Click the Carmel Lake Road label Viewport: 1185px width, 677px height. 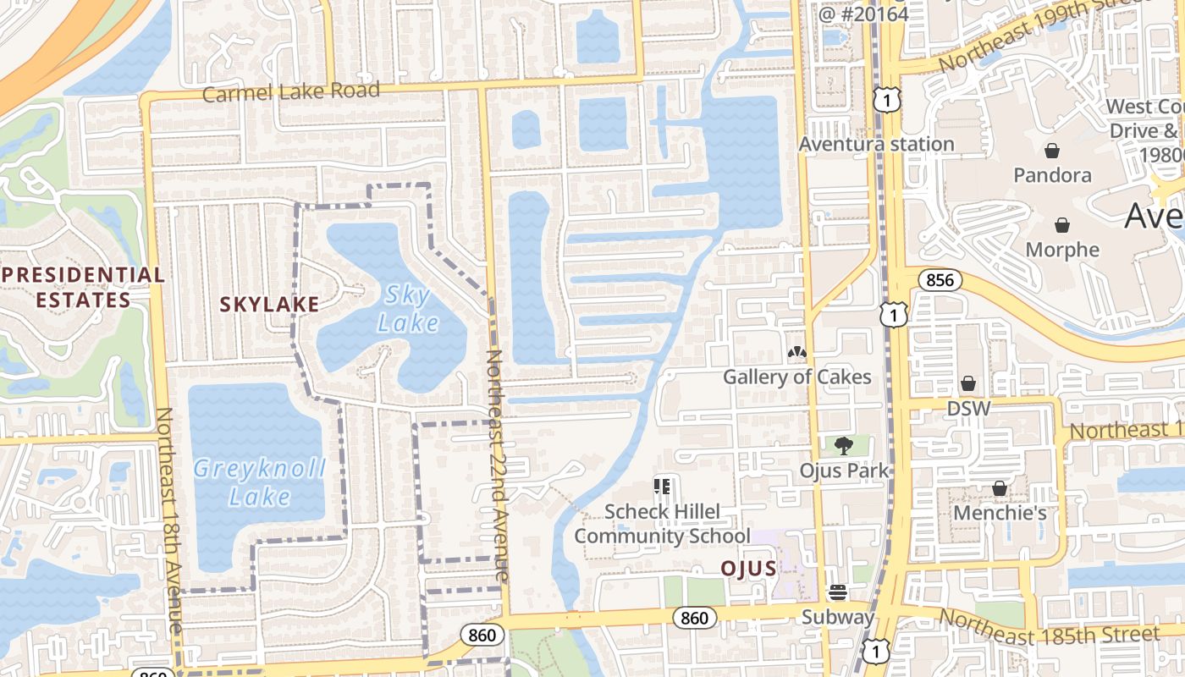[290, 91]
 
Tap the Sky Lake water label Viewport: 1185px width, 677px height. [407, 309]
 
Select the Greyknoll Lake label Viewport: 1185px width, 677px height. [259, 482]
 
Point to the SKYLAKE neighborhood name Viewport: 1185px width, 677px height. [269, 305]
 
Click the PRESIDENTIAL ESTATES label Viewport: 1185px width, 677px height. [82, 287]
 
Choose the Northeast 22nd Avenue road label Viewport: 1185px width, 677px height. [498, 465]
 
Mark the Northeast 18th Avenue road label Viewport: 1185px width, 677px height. [169, 520]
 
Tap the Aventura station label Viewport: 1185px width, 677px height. [876, 144]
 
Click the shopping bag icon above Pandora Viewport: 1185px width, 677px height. [1052, 151]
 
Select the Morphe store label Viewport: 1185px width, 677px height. [1062, 250]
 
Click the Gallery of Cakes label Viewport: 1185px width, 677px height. [796, 377]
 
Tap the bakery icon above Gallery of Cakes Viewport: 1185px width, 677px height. [796, 352]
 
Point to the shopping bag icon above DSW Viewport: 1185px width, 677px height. [968, 384]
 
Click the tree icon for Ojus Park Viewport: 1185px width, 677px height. [843, 446]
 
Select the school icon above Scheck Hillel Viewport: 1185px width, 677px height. [662, 487]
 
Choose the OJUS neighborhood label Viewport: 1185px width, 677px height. [748, 569]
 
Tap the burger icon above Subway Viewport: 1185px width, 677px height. [838, 592]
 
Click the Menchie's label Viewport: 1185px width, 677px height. [1000, 513]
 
